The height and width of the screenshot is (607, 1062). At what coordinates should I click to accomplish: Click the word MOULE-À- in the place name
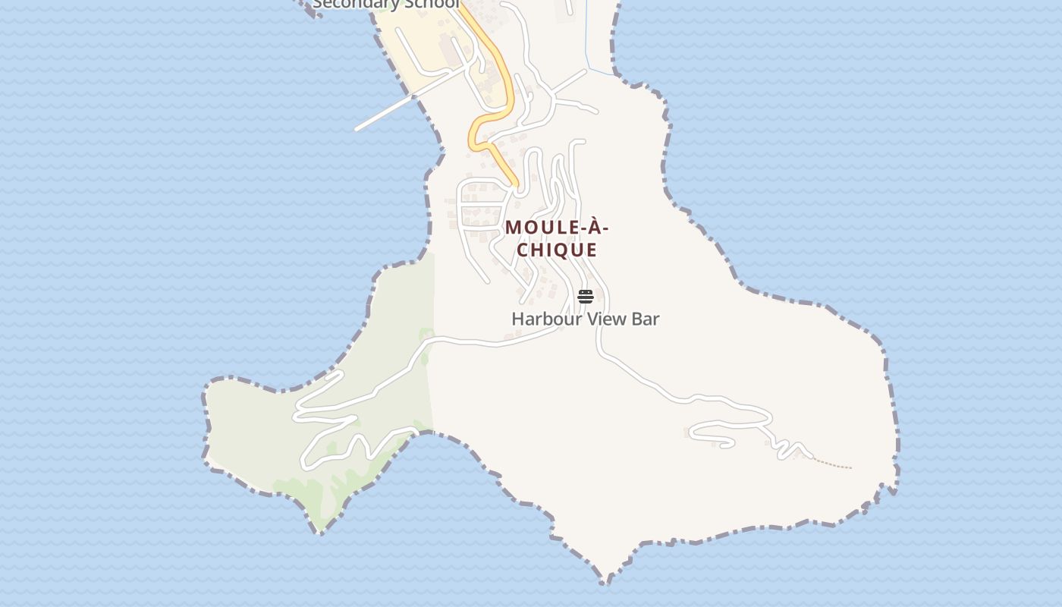(557, 228)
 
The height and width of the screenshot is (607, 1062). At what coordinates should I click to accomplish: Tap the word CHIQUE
(557, 250)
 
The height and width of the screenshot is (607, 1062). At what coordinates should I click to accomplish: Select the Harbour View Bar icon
(585, 296)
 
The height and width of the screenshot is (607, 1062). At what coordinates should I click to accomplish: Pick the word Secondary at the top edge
(356, 4)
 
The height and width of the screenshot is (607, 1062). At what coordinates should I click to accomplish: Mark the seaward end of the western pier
(357, 129)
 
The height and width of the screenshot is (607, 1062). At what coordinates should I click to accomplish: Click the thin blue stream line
(587, 38)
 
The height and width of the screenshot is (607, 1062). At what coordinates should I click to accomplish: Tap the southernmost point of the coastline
(607, 583)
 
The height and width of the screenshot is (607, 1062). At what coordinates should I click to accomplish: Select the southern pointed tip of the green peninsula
(319, 532)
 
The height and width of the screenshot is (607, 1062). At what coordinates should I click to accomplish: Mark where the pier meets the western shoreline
(413, 97)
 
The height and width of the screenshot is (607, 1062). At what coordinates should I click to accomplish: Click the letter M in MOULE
(514, 228)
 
